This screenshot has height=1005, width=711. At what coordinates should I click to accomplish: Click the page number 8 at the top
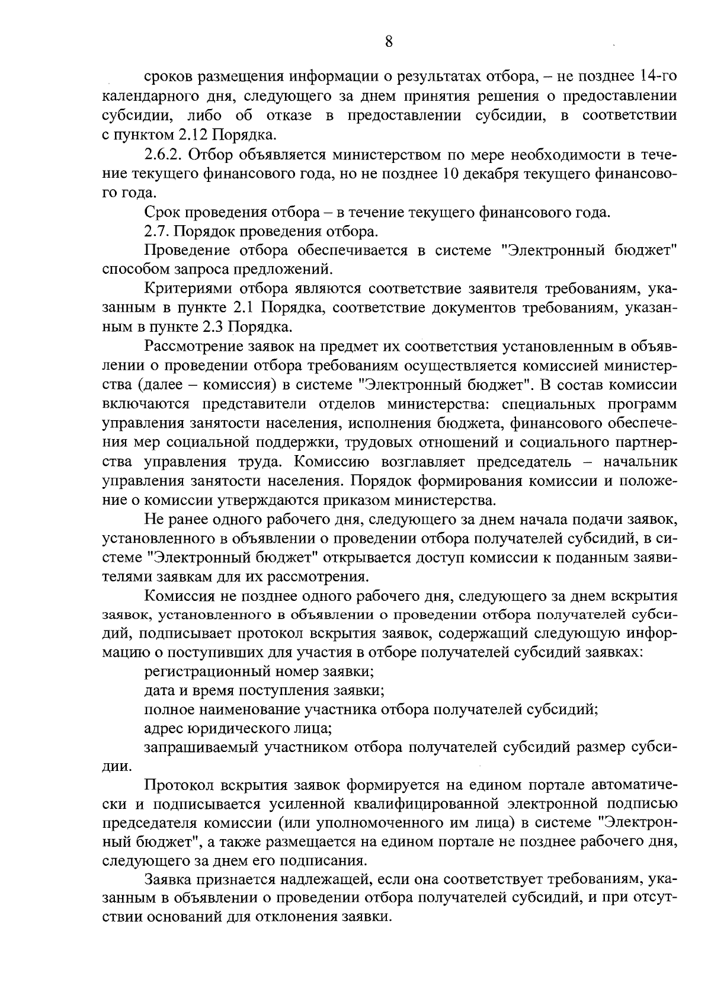(388, 41)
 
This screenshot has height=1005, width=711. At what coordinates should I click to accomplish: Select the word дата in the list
(159, 691)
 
